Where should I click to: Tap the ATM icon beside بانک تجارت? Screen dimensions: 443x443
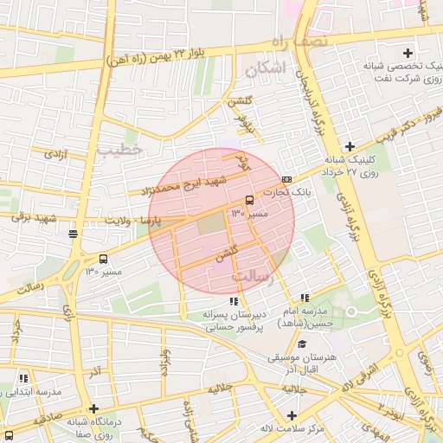tap(286, 179)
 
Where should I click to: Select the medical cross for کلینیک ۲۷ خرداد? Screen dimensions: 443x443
tap(350, 145)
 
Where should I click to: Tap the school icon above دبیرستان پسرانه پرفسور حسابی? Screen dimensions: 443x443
tap(234, 300)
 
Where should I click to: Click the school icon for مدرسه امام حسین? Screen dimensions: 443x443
tap(304, 298)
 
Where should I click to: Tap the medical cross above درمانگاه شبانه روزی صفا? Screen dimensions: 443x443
tap(93, 408)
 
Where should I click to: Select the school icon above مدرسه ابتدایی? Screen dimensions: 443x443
tap(23, 378)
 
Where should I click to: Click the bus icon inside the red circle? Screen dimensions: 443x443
tap(250, 200)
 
